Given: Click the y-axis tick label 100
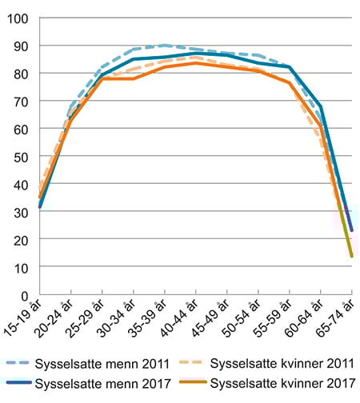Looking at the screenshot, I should [x=18, y=18].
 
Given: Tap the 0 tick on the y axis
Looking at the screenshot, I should [x=25, y=295].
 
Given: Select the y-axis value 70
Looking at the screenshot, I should [x=22, y=102].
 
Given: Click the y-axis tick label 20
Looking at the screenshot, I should [x=22, y=240].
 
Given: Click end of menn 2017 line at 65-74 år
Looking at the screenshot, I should [x=351, y=231].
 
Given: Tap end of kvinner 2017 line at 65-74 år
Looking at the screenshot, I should [x=351, y=257].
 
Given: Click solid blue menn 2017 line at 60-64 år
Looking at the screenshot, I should [x=320, y=106].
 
